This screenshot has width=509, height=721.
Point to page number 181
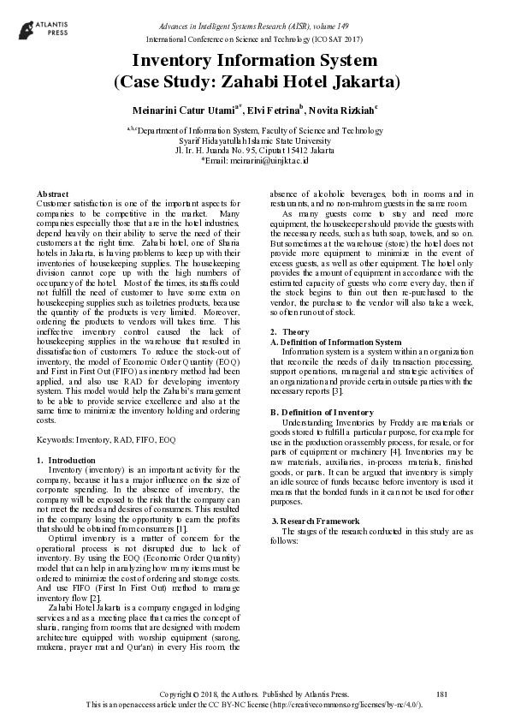click(441, 693)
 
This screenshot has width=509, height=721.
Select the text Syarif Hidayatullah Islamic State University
click(254, 140)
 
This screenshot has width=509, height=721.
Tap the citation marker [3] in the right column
click(337, 392)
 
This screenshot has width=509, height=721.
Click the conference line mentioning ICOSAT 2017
click(254, 39)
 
